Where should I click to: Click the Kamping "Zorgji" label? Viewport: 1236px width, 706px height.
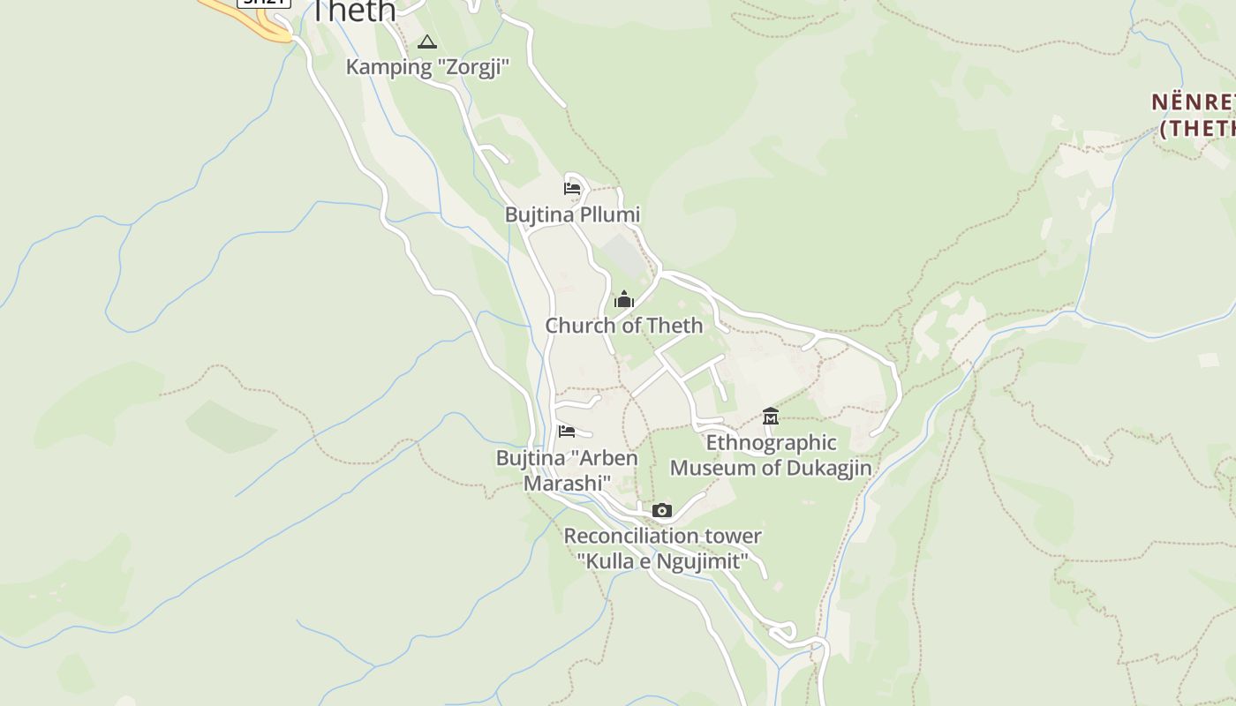click(x=427, y=67)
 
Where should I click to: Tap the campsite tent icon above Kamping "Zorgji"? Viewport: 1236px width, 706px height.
click(x=427, y=41)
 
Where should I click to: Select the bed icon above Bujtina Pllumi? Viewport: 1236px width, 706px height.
click(x=572, y=188)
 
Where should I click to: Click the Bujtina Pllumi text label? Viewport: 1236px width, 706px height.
click(x=572, y=214)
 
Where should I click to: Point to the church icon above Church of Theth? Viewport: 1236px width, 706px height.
click(x=624, y=300)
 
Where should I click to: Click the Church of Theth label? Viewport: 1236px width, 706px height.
click(x=624, y=326)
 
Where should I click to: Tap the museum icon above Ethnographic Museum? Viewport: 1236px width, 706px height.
click(x=771, y=416)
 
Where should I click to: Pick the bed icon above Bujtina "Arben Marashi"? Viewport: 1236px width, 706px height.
click(x=567, y=432)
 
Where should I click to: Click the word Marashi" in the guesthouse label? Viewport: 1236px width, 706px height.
click(x=567, y=484)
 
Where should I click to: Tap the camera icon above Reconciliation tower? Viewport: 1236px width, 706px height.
click(x=662, y=510)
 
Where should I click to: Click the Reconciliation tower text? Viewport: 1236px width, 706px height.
click(x=662, y=536)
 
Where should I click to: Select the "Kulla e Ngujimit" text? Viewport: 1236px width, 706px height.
click(x=662, y=560)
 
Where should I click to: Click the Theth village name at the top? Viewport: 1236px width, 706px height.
click(x=354, y=11)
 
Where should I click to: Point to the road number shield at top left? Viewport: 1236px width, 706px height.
click(x=264, y=3)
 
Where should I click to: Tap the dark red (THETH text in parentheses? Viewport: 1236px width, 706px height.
click(x=1197, y=128)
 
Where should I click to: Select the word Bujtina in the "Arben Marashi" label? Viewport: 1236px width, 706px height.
click(x=529, y=458)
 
